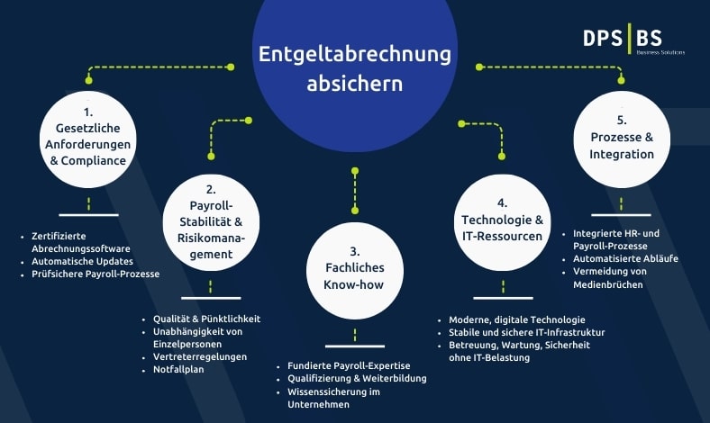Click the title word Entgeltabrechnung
click(x=354, y=54)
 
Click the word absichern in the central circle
click(x=354, y=84)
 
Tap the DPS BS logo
click(x=633, y=40)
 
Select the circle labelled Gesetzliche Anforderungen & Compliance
click(x=87, y=139)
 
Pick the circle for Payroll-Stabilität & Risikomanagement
click(x=211, y=222)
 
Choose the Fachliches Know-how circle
click(x=355, y=271)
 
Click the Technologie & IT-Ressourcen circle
click(x=502, y=222)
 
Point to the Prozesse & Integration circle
click(x=622, y=139)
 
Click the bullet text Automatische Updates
click(x=82, y=261)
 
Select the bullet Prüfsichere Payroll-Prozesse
click(x=96, y=274)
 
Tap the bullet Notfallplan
click(x=178, y=369)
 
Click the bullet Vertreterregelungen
click(x=200, y=356)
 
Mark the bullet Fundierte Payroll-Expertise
click(x=349, y=365)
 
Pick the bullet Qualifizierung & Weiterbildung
click(x=357, y=378)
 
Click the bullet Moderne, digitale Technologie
click(x=517, y=319)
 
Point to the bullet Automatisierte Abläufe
click(x=626, y=259)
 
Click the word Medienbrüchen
click(x=608, y=284)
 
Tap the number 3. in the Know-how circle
click(x=354, y=251)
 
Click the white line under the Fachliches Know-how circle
click(x=355, y=346)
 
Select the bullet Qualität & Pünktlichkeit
click(x=207, y=319)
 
